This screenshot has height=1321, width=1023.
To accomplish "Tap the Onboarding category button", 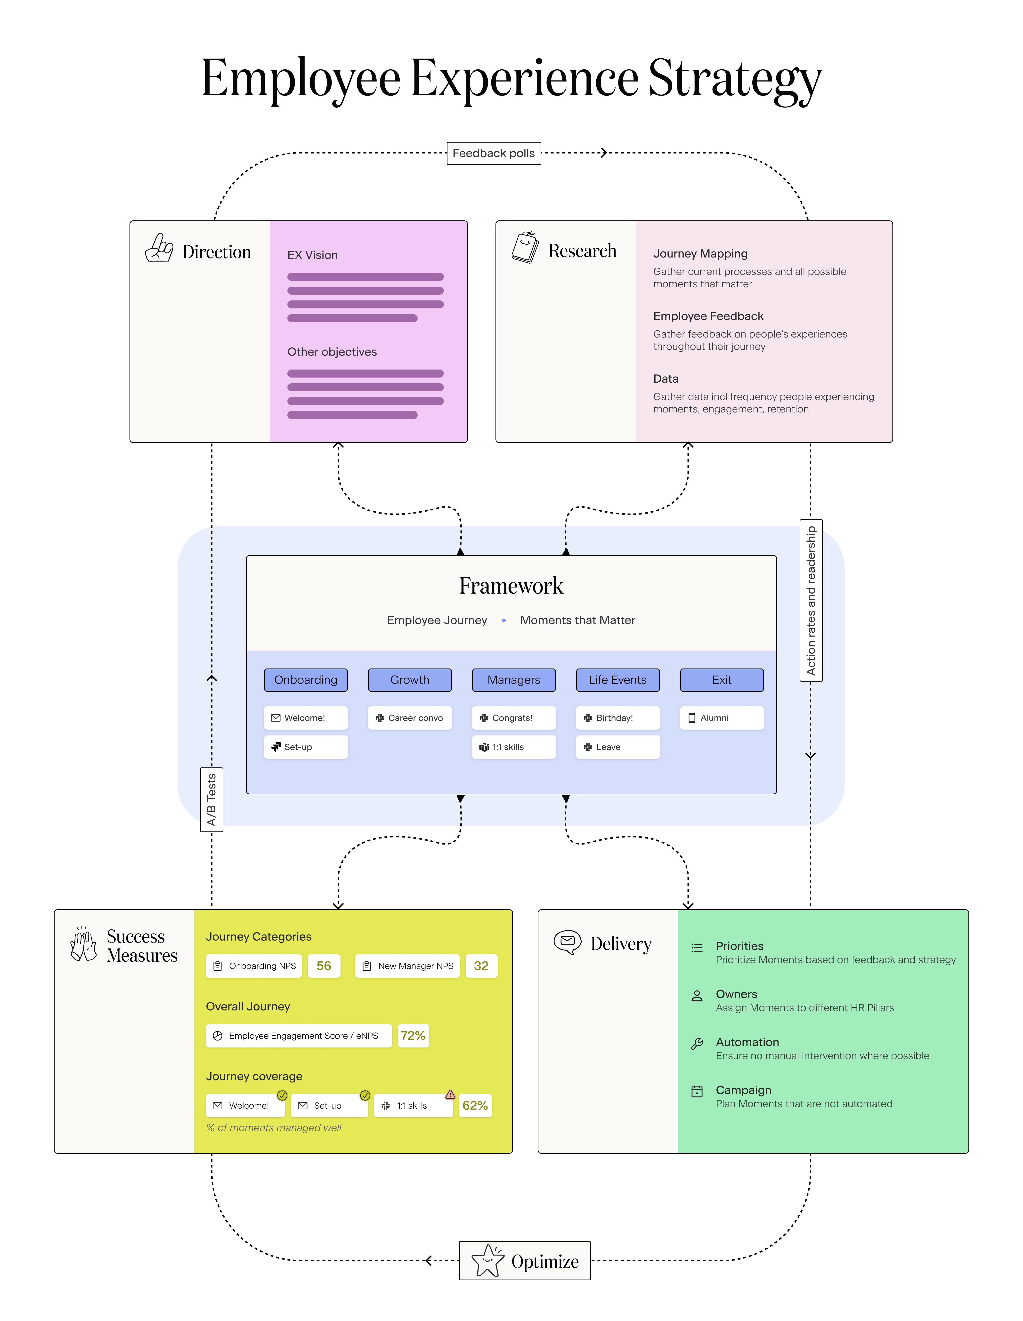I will pyautogui.click(x=306, y=680).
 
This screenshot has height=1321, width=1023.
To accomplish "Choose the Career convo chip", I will pyautogui.click(x=410, y=718).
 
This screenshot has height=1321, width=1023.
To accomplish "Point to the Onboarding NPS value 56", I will pyautogui.click(x=324, y=966).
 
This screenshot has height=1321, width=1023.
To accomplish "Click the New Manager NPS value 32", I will pyautogui.click(x=481, y=966).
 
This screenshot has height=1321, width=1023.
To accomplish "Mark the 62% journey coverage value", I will pyautogui.click(x=475, y=1106).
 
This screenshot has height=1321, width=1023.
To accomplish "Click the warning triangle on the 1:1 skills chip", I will pyautogui.click(x=450, y=1094).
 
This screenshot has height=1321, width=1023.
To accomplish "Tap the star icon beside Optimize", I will pyautogui.click(x=487, y=1261).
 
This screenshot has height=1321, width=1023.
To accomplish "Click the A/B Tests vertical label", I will pyautogui.click(x=211, y=800).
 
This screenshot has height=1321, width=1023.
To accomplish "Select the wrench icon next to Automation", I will pyautogui.click(x=697, y=1043).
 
